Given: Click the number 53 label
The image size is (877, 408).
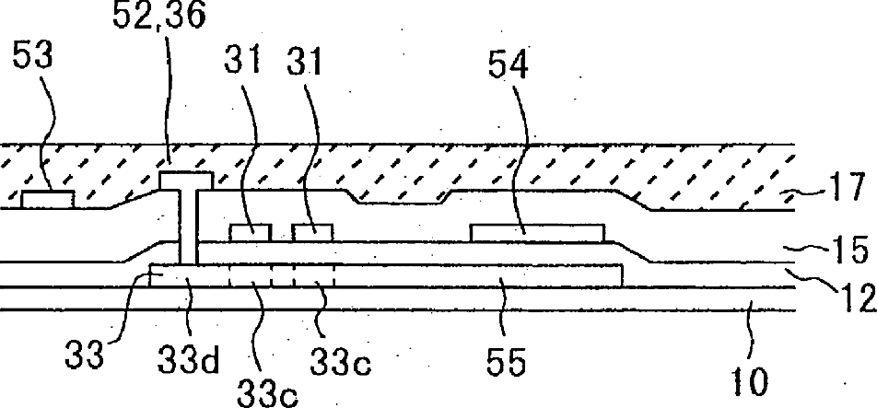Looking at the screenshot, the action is [32, 57].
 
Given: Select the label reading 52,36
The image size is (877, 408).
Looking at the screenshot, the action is [158, 17].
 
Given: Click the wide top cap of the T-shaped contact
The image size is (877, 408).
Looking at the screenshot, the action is [186, 181].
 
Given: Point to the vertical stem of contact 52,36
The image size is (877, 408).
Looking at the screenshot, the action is [188, 226].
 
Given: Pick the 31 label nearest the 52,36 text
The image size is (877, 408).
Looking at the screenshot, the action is [243, 62].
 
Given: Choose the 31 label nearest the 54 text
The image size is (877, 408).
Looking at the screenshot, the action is [306, 62].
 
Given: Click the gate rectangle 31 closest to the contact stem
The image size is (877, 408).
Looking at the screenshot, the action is [251, 232].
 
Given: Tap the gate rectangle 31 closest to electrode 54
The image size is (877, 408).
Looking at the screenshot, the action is [312, 232].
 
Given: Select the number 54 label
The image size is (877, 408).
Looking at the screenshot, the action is [508, 66].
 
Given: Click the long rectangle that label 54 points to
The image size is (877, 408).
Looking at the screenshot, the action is [537, 233].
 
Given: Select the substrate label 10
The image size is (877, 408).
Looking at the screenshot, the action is [750, 382].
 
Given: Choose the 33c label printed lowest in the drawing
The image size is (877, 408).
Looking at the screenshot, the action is [267, 393].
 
